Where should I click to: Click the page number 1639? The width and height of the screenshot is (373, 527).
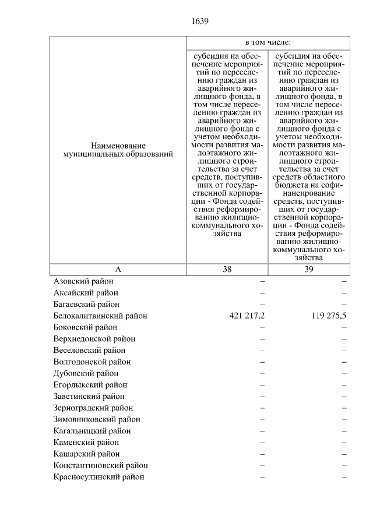pyautogui.click(x=199, y=22)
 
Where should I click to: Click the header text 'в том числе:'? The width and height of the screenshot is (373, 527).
pyautogui.click(x=268, y=43)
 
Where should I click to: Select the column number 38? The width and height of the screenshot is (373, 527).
pyautogui.click(x=227, y=270)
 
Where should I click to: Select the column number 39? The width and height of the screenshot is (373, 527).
pyautogui.click(x=309, y=270)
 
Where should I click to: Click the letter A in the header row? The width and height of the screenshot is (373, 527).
pyautogui.click(x=118, y=270)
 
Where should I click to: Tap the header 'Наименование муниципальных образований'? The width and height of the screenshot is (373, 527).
pyautogui.click(x=118, y=150)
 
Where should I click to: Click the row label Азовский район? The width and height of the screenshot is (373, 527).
pyautogui.click(x=83, y=281)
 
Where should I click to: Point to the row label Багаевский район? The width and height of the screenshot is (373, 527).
pyautogui.click(x=86, y=304)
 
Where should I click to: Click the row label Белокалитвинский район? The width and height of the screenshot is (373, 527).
pyautogui.click(x=100, y=316)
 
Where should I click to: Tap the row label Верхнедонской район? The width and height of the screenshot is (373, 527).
pyautogui.click(x=94, y=339)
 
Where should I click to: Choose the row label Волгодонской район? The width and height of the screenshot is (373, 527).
pyautogui.click(x=92, y=362)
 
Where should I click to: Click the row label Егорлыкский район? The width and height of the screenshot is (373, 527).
pyautogui.click(x=90, y=385)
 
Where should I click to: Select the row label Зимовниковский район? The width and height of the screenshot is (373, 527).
pyautogui.click(x=97, y=419)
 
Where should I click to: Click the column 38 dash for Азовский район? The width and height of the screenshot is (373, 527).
pyautogui.click(x=262, y=281)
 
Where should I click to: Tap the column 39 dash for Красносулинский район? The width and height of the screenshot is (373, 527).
pyautogui.click(x=344, y=477)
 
